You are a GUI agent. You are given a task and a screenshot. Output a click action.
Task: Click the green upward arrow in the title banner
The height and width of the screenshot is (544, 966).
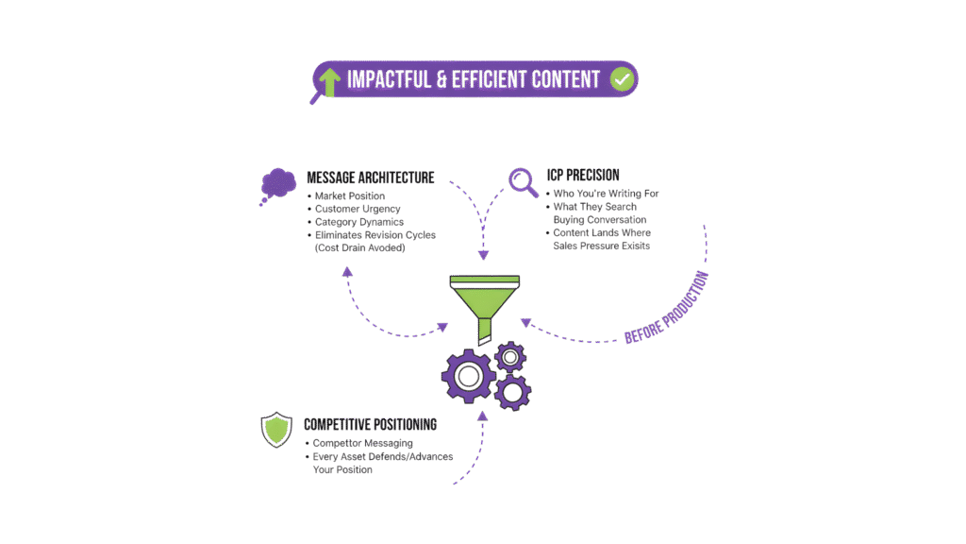tap(329, 81)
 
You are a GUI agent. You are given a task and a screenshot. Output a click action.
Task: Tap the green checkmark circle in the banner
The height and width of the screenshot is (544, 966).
tap(621, 79)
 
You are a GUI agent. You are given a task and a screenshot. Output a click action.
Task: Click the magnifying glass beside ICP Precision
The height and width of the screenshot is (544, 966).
tap(523, 180)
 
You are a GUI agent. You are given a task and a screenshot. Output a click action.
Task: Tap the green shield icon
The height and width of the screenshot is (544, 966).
tap(276, 430)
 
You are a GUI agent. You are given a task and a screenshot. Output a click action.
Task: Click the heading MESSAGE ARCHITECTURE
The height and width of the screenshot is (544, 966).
tap(370, 177)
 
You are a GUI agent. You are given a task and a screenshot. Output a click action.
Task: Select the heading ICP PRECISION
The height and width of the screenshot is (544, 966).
tap(583, 175)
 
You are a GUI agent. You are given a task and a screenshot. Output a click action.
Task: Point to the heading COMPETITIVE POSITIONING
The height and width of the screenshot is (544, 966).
tap(370, 425)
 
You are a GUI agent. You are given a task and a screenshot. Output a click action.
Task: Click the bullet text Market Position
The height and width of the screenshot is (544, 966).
tap(351, 195)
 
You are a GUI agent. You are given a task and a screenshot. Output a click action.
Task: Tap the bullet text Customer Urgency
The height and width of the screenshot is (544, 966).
tap(358, 209)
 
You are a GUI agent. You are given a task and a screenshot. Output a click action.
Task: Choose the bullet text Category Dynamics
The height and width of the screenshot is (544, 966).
tap(359, 222)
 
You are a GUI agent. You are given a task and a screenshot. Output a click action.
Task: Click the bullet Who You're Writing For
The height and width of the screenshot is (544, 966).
tap(607, 194)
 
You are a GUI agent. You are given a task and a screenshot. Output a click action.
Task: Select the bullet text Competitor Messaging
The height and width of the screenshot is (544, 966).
tap(362, 443)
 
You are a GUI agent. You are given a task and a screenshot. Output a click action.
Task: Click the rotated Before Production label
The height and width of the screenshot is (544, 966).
tap(667, 308)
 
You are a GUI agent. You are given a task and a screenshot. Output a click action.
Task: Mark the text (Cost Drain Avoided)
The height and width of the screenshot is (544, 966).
tap(359, 248)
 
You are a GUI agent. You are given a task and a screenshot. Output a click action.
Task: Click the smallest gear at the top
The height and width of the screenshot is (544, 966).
tap(510, 356)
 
